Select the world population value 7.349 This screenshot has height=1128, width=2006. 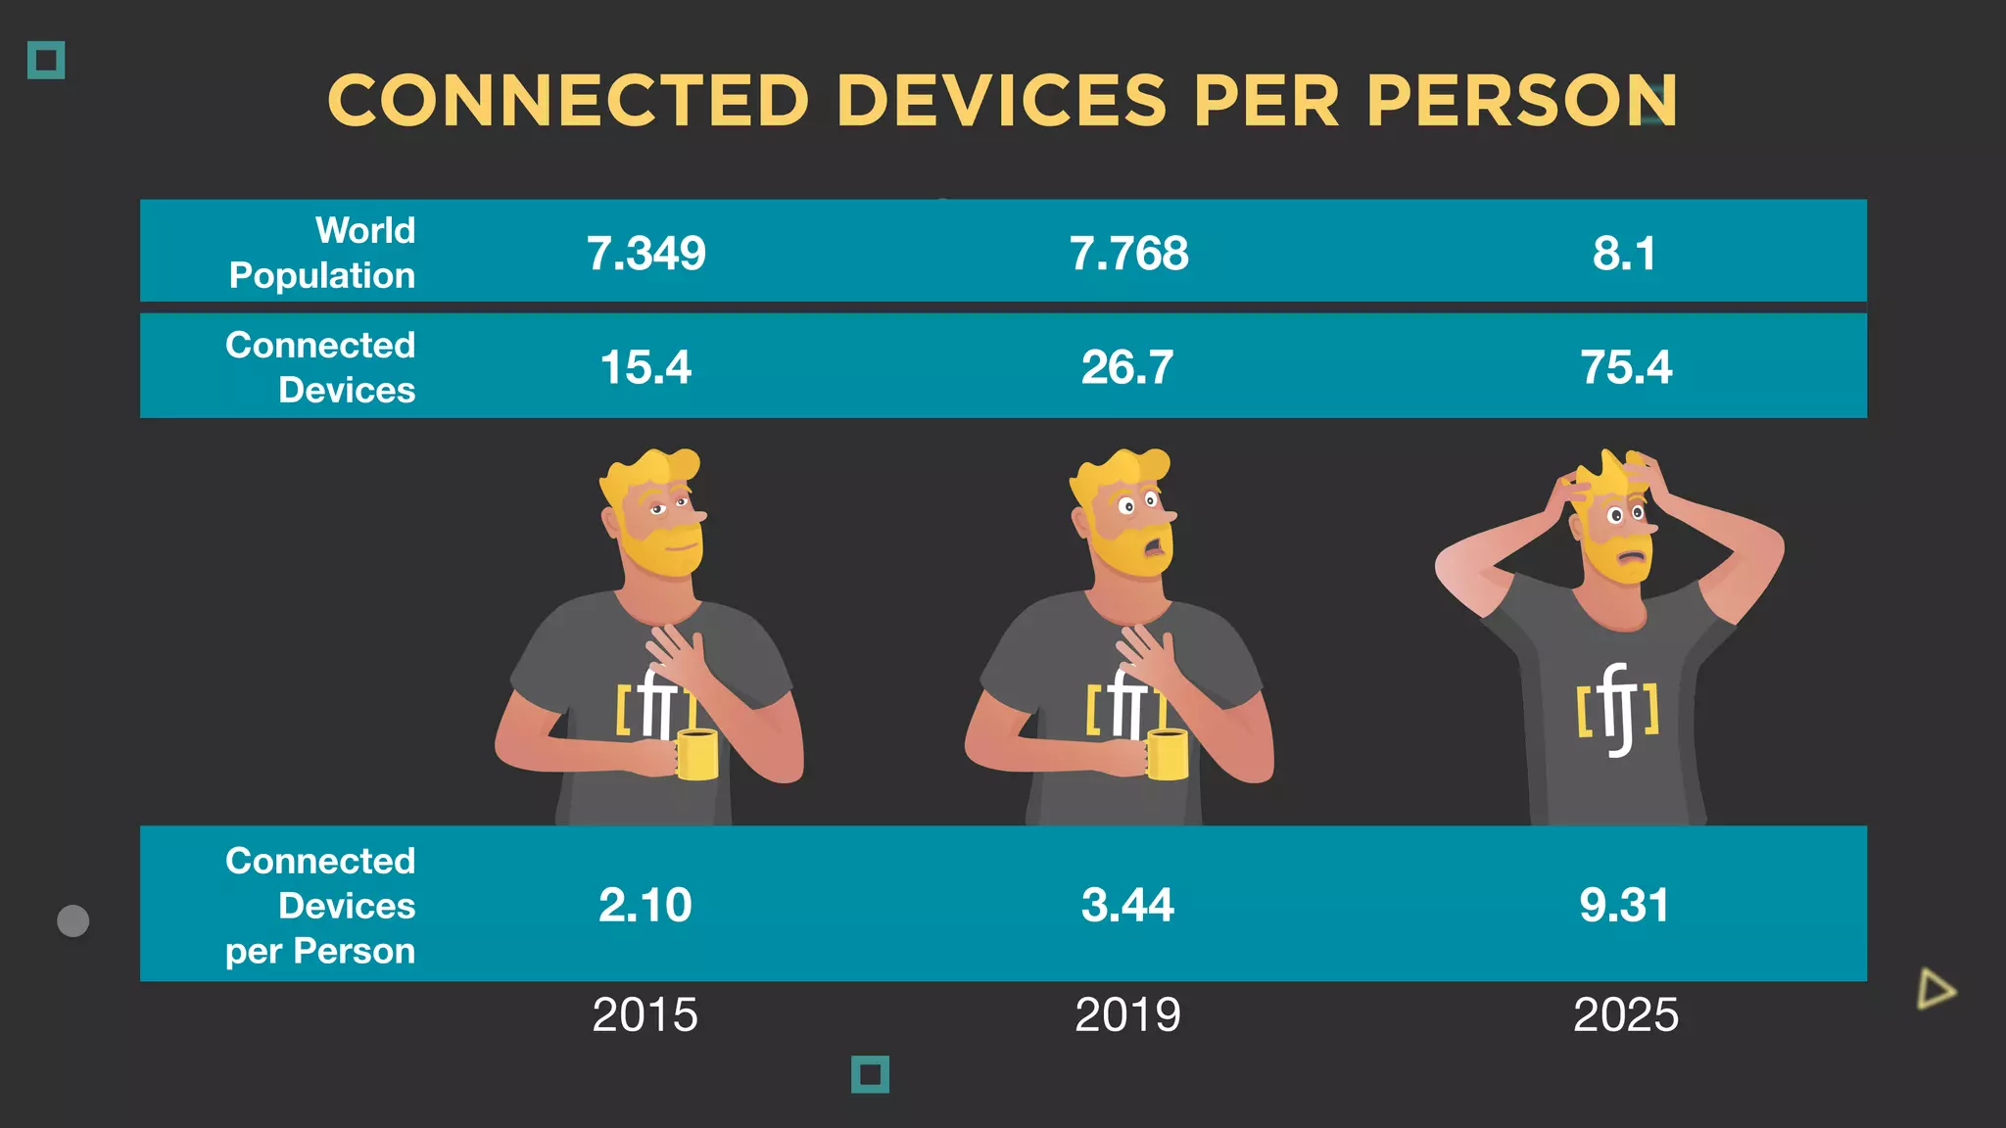click(645, 254)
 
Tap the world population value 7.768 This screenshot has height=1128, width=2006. click(1128, 254)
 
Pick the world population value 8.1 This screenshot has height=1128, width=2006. click(1624, 254)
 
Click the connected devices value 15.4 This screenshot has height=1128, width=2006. click(645, 367)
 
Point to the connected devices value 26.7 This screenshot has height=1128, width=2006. click(1127, 367)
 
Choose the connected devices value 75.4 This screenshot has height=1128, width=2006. click(1626, 367)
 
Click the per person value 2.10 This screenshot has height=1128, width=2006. click(645, 905)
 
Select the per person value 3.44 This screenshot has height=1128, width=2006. click(1127, 905)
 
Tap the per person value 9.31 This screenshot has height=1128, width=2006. click(1624, 905)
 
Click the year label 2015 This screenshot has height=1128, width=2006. click(645, 1014)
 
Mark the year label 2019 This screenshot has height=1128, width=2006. click(1127, 1014)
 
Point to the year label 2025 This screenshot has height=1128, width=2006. click(1625, 1014)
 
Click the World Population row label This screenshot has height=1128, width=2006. click(322, 253)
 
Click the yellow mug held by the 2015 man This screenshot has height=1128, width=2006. click(697, 755)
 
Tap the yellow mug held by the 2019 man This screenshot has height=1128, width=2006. click(1168, 755)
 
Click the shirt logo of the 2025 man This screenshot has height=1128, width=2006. click(1617, 710)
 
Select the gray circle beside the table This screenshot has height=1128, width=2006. click(73, 920)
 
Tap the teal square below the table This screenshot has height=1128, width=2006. click(870, 1074)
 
